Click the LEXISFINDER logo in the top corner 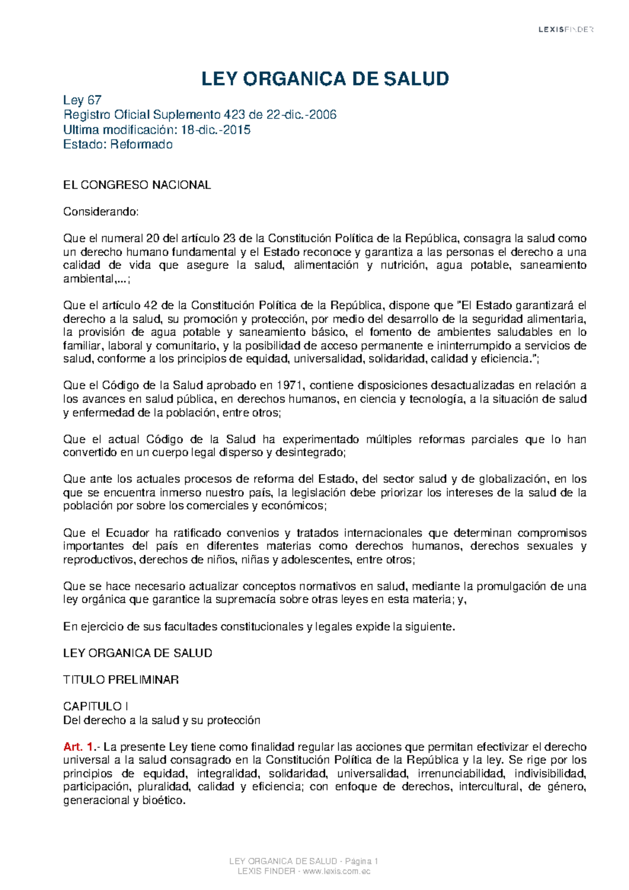tap(566, 30)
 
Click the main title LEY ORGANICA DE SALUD tap(325, 79)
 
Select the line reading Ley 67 tap(82, 100)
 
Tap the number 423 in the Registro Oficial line tap(234, 115)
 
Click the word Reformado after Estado tap(141, 144)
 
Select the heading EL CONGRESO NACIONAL tap(137, 185)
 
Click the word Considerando tap(101, 212)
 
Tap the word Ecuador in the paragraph tap(128, 533)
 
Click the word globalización tap(504, 479)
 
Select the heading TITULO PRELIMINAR tap(121, 680)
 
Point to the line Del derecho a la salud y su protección tap(161, 720)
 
